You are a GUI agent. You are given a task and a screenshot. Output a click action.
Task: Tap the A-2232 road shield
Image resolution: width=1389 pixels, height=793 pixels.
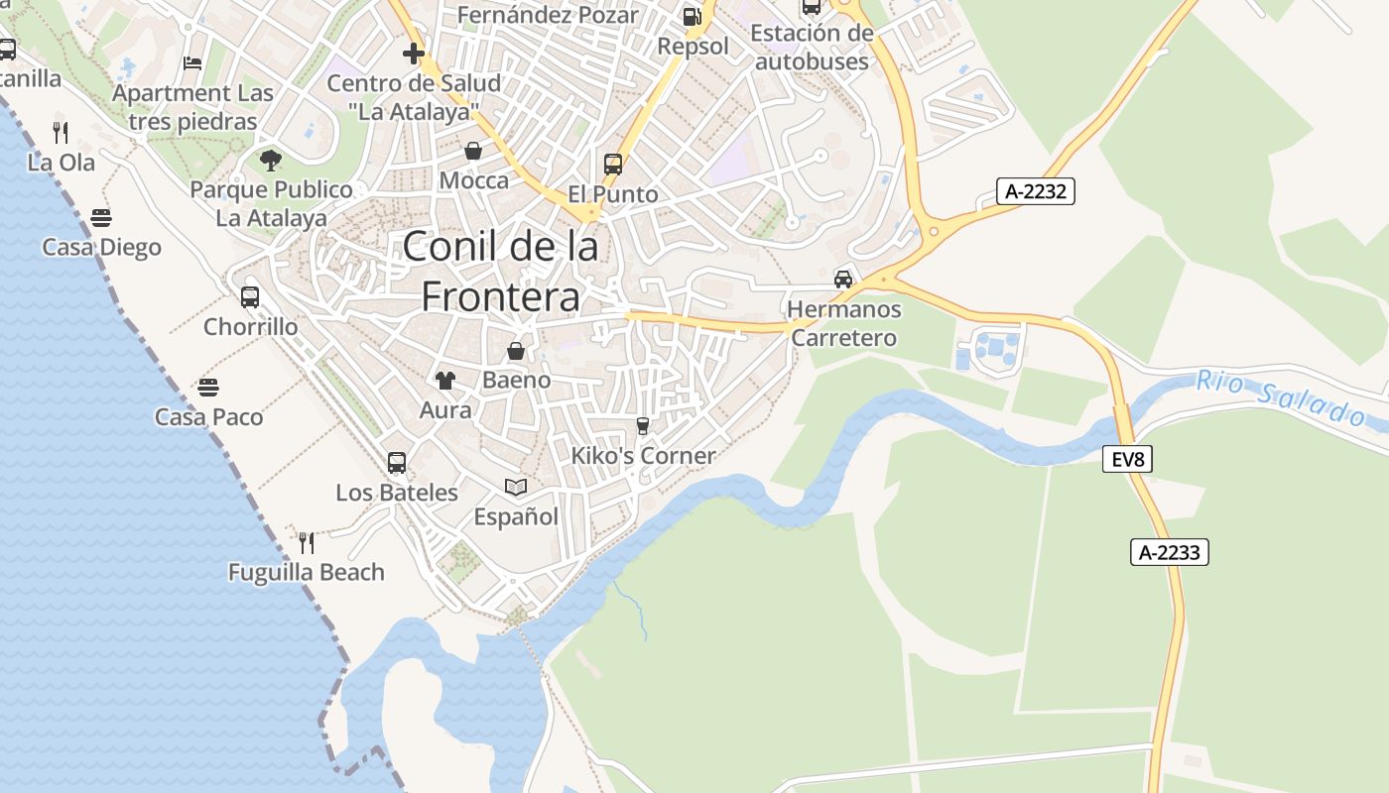tap(1035, 191)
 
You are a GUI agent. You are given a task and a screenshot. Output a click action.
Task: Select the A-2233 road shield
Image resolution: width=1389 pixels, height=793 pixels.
tap(1169, 552)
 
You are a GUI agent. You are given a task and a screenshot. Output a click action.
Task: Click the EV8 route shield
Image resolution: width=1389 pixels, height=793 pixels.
tap(1127, 459)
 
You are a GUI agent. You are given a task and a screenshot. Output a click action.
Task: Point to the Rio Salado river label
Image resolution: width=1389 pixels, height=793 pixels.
tap(1280, 396)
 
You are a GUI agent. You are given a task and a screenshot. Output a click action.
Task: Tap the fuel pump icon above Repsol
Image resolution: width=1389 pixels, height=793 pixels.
tap(693, 16)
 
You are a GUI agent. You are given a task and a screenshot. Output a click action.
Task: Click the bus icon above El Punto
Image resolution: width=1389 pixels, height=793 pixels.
tap(613, 165)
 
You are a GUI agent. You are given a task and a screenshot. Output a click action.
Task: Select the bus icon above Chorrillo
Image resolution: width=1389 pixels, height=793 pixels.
tap(250, 296)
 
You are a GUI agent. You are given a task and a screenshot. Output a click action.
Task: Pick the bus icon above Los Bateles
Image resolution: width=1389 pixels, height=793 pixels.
tap(397, 462)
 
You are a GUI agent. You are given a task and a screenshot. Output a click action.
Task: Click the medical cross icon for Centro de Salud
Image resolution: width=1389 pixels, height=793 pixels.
tap(414, 54)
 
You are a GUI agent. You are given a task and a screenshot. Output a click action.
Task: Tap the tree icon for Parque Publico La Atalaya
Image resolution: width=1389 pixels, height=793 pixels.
tap(270, 160)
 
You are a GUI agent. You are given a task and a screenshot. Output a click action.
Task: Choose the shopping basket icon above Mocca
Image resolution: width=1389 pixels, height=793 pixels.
tap(473, 151)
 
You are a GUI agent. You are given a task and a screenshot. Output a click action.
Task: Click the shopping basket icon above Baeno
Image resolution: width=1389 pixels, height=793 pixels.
tap(516, 351)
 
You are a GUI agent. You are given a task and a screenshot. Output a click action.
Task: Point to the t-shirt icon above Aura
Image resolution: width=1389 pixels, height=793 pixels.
tap(444, 380)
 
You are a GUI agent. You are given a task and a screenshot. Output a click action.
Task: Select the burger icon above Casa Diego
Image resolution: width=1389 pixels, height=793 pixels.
tap(101, 217)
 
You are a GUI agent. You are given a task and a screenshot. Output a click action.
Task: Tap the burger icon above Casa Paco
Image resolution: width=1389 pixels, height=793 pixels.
tap(208, 387)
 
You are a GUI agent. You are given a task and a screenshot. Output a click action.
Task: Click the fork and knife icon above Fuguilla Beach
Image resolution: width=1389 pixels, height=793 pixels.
tap(307, 542)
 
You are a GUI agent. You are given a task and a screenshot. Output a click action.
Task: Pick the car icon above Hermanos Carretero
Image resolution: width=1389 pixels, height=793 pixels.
tap(843, 279)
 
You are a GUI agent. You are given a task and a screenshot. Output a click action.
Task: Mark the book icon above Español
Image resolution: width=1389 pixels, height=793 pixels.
tap(516, 487)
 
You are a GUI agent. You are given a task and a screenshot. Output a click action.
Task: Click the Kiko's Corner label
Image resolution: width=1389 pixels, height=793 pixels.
tap(643, 456)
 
